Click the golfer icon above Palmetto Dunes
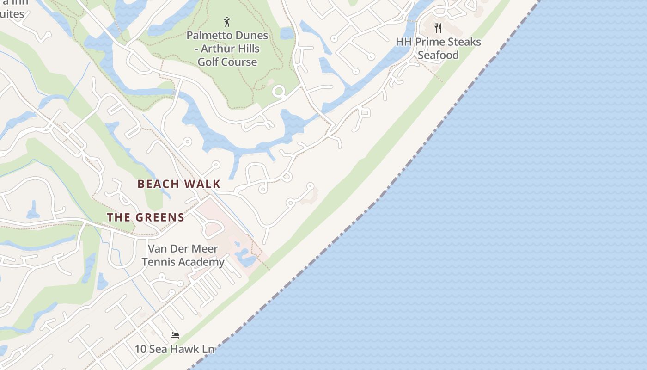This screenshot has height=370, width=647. click(x=227, y=22)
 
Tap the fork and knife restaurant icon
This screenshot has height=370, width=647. click(x=438, y=28)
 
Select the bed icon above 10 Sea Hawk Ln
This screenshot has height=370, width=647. click(x=175, y=335)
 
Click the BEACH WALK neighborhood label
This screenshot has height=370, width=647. click(x=179, y=184)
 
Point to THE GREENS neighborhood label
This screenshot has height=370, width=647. click(x=146, y=217)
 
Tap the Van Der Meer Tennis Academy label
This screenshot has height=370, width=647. click(x=183, y=255)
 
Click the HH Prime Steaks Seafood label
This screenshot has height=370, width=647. click(x=438, y=48)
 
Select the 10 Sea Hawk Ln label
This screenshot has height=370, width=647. click(x=175, y=349)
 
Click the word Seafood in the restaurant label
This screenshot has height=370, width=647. click(x=438, y=55)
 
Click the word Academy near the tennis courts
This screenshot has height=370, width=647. click(x=202, y=262)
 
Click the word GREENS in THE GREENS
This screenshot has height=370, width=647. click(x=159, y=217)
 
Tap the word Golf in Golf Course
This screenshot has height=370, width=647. click(x=208, y=62)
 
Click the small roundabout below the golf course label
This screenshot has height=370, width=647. click(x=279, y=92)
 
